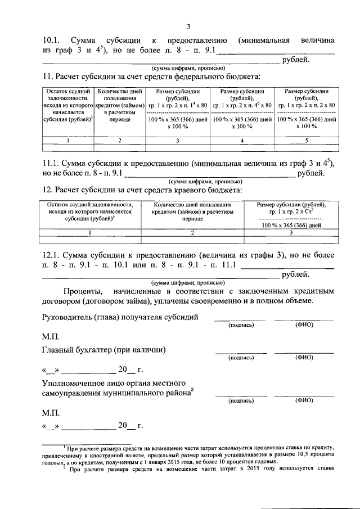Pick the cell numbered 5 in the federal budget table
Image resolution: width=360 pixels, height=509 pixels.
[307, 140]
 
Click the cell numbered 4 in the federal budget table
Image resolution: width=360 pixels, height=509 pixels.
[242, 140]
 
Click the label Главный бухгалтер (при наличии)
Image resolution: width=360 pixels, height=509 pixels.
[104, 349]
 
